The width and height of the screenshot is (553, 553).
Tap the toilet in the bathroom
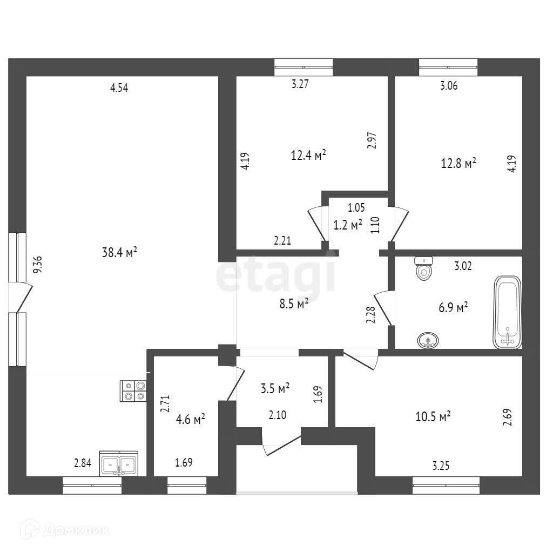424,268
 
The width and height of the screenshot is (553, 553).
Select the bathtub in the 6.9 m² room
508,313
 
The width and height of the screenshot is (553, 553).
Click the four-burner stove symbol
134,391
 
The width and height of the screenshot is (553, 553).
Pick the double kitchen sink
119,463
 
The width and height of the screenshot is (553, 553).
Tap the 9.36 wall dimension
37,265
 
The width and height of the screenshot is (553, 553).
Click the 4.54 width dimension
119,89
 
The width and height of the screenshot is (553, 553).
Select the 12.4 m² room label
308,156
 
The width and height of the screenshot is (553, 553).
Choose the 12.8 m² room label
458,163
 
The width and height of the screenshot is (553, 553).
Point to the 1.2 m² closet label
348,226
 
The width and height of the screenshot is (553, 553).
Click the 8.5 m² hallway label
293,304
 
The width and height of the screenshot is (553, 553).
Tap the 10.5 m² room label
433,417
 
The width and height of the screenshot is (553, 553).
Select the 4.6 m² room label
191,419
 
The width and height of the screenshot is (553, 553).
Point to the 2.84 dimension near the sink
83,462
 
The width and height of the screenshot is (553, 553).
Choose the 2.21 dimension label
282,241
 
